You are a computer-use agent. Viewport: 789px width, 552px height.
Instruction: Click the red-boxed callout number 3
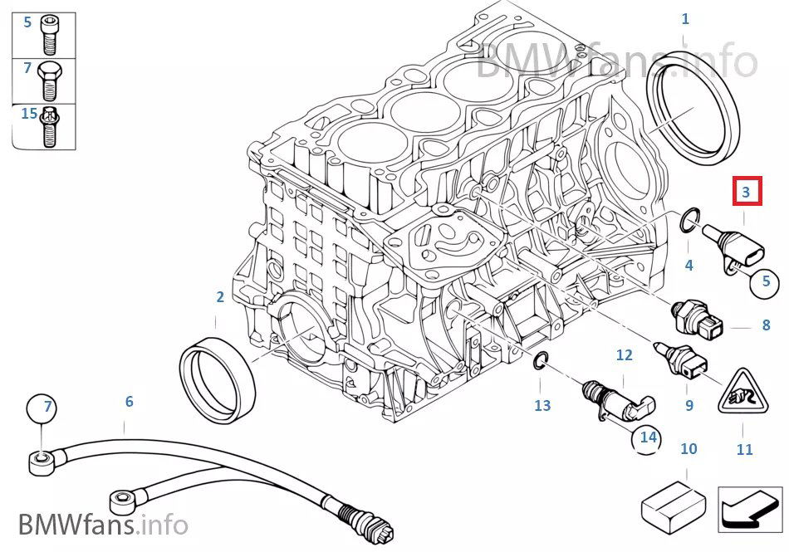pyautogui.click(x=746, y=193)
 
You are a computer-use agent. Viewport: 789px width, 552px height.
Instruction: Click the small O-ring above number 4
pyautogui.click(x=688, y=222)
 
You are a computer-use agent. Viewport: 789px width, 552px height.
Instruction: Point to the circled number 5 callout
pyautogui.click(x=765, y=281)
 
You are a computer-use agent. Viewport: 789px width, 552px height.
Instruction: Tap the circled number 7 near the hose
pyautogui.click(x=47, y=408)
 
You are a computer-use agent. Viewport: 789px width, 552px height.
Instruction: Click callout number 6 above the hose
pyautogui.click(x=129, y=402)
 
